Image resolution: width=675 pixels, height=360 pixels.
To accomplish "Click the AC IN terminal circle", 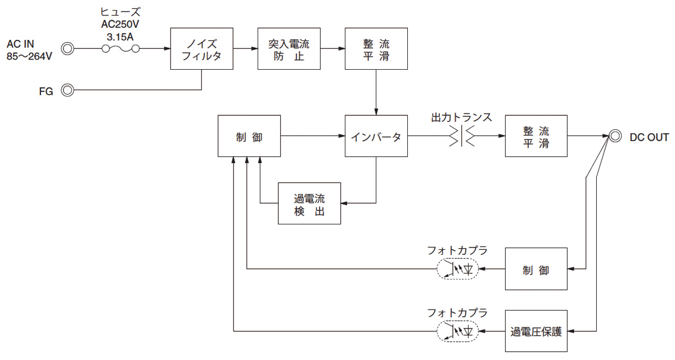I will pos(68,49).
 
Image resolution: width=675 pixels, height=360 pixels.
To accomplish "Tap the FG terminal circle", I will pos(68,90).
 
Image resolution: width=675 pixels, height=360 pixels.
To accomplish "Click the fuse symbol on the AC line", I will pos(120,49).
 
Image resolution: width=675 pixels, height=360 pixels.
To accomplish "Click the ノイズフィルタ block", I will pos(201,49).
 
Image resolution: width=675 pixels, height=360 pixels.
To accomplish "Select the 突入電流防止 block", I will pos(289,49).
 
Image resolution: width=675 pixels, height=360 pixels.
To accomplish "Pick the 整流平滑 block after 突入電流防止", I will pos(376,49).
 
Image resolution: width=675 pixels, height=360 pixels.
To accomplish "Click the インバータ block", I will pos(376,136).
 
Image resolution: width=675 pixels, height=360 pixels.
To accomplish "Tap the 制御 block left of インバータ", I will pos(249,136).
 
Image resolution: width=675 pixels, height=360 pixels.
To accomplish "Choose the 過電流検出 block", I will pos(309,203).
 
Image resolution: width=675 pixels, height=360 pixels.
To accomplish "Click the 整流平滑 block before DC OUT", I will pos(535,136).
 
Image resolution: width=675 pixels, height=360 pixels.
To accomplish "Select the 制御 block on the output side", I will pos(535,270).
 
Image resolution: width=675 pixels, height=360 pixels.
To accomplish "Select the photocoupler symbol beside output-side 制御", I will pos(457,270).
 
